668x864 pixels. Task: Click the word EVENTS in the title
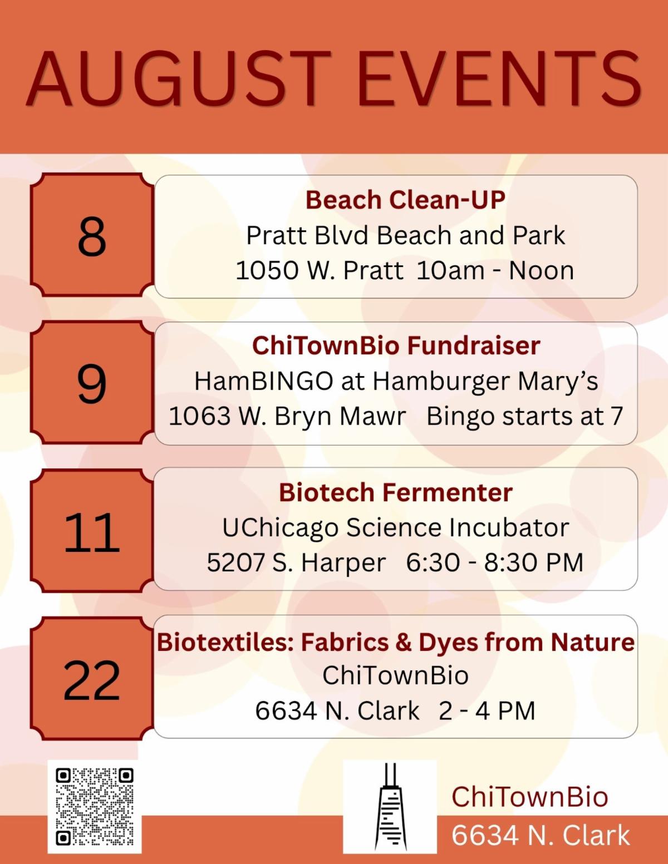click(499, 79)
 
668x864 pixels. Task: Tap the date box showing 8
click(92, 235)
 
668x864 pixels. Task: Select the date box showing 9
click(92, 382)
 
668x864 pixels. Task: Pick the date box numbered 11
click(92, 530)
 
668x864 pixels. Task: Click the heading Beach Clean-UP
click(405, 200)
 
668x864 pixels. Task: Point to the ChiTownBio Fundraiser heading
click(396, 345)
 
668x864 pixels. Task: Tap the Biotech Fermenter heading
click(395, 492)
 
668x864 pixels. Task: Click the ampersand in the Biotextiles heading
click(404, 643)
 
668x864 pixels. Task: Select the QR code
click(95, 806)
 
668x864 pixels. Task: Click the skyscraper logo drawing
click(390, 806)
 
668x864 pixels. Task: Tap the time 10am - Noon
click(495, 271)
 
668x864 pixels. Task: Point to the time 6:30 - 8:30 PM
click(494, 562)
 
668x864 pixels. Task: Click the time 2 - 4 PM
click(487, 710)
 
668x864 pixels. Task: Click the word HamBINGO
click(264, 381)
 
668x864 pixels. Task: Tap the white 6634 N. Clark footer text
click(541, 835)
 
